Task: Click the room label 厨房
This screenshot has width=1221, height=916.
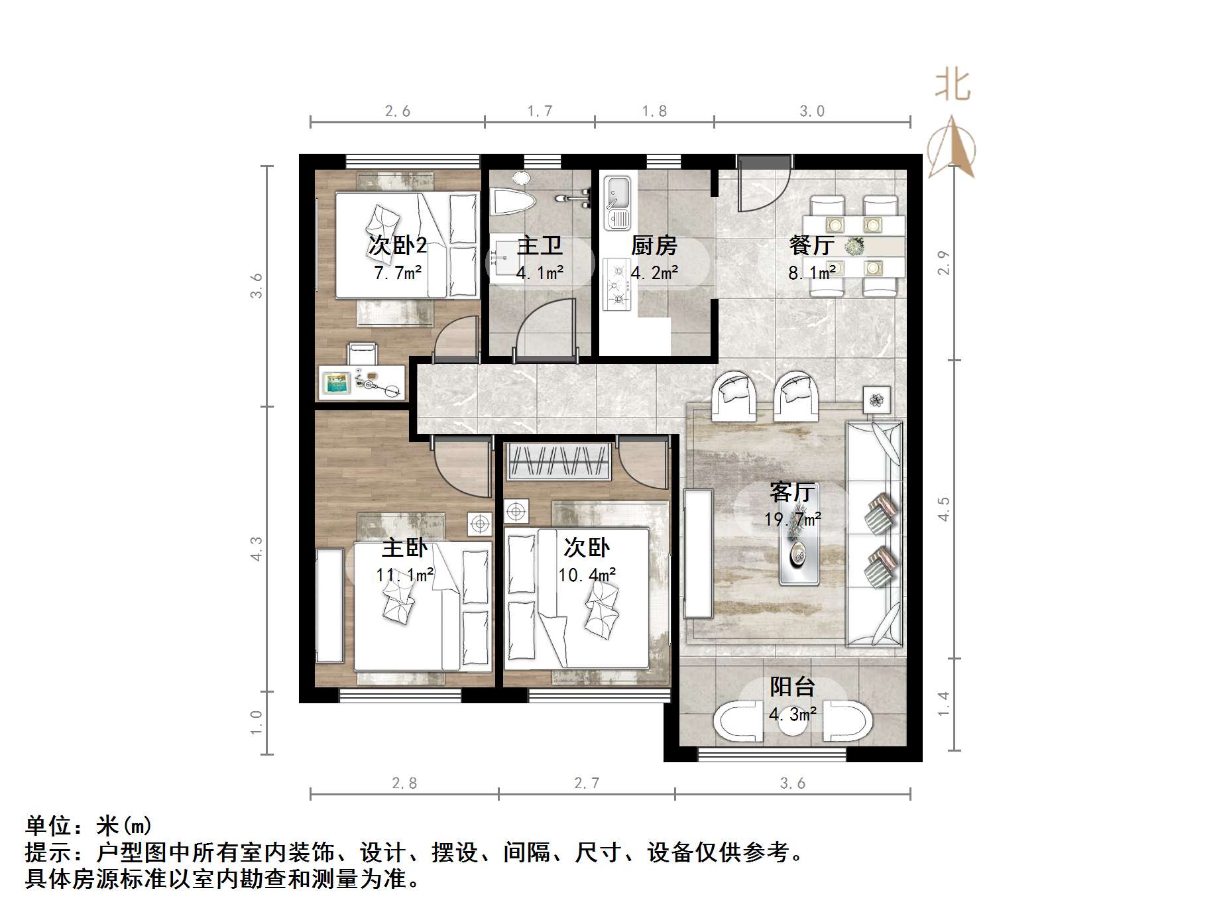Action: point(654,246)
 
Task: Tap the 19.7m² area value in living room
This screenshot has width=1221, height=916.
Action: point(792,519)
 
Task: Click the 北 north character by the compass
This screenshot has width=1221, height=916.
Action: point(953,86)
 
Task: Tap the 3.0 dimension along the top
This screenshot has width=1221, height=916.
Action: point(811,111)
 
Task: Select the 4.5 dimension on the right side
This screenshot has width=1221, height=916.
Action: point(943,509)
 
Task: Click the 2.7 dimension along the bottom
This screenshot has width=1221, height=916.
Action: point(587,783)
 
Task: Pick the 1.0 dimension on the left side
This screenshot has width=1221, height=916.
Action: point(257,722)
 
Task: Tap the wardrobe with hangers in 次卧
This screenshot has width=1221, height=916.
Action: point(558,461)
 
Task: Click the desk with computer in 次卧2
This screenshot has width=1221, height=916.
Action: point(362,382)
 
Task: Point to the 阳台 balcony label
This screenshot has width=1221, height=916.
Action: point(792,687)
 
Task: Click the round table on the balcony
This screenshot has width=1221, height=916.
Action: point(793,722)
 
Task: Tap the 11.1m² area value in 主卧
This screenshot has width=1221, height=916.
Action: point(405,575)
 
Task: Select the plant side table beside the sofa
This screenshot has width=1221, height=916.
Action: point(877,400)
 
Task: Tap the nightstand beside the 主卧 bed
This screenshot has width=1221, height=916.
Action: point(479,524)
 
